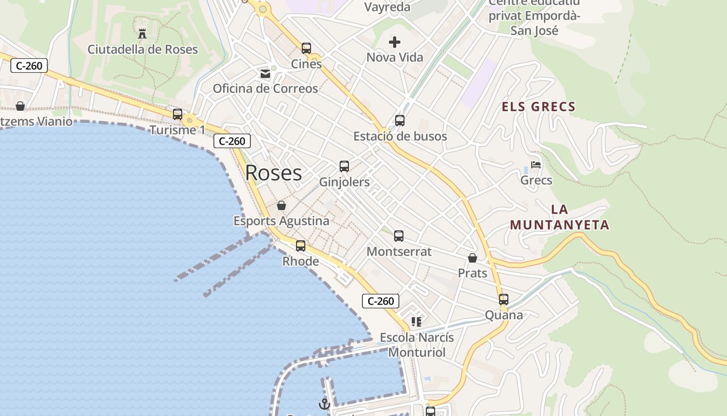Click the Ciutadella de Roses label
[x=143, y=49]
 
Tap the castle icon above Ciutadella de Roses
[x=142, y=34]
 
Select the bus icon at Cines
[x=306, y=48]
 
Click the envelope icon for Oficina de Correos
[x=265, y=74]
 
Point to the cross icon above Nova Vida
[x=395, y=42]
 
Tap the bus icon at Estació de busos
[x=400, y=121]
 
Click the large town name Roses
[x=274, y=173]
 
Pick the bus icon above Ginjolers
[x=344, y=166]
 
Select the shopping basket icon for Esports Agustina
[x=281, y=205]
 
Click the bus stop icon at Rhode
[x=301, y=246]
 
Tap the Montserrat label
[x=399, y=252]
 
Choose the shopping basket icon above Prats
[x=473, y=258]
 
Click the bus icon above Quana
[x=504, y=300]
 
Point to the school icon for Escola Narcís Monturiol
[x=416, y=322]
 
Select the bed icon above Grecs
[x=536, y=165]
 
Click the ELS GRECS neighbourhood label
[x=538, y=107]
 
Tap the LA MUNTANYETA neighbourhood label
[x=559, y=217]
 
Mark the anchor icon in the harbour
[x=325, y=404]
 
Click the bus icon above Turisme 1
[x=178, y=114]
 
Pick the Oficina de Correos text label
[x=265, y=88]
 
